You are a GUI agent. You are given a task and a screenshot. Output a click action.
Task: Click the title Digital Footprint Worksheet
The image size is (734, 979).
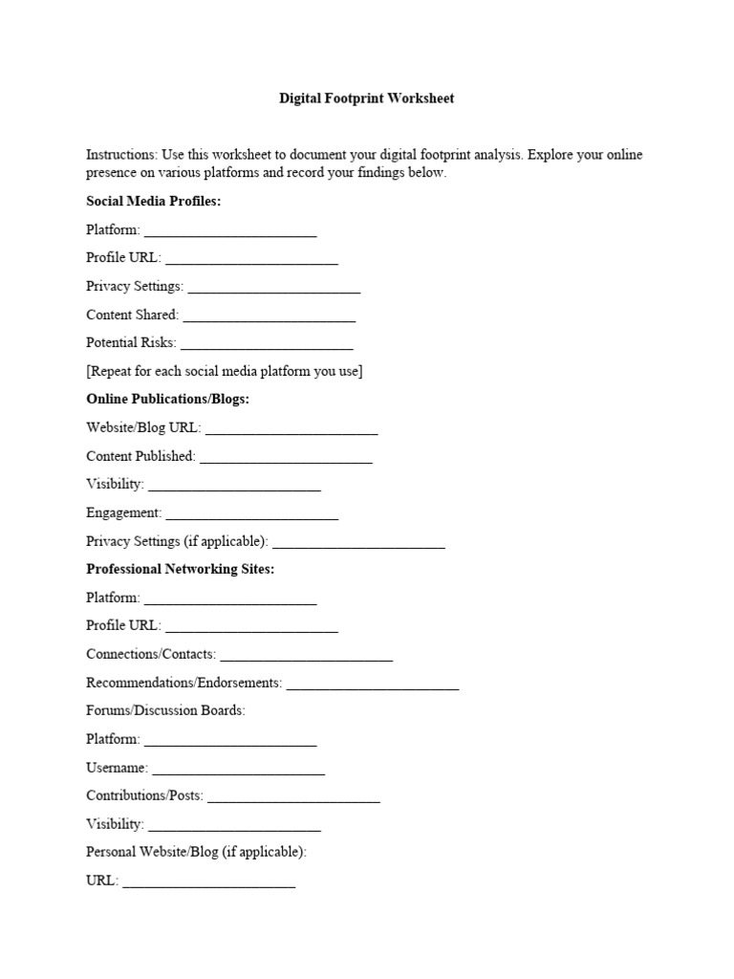(x=366, y=98)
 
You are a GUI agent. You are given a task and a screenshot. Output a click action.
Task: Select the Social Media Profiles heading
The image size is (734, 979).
(x=153, y=202)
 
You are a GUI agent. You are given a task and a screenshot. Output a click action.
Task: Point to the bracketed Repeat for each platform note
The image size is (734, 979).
(x=224, y=371)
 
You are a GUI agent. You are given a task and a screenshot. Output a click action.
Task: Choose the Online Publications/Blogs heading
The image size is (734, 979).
(x=167, y=399)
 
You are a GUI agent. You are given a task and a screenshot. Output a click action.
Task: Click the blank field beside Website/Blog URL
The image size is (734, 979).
(x=291, y=430)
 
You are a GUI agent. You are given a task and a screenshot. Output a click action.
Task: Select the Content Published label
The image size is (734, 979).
(x=140, y=456)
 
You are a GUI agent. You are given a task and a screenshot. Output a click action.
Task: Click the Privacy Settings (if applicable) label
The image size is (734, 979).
(x=177, y=541)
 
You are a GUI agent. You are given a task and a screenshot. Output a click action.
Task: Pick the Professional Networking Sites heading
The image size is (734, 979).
(x=180, y=569)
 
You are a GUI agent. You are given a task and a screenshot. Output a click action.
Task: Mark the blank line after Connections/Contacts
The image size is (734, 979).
(x=306, y=657)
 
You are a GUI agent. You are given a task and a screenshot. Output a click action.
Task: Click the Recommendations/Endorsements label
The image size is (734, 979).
(x=183, y=683)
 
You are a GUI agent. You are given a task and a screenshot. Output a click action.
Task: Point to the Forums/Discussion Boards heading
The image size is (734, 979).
(x=165, y=710)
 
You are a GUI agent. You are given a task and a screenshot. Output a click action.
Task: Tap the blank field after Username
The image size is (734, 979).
(x=238, y=770)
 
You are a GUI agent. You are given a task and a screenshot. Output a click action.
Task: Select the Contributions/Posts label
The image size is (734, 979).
(x=144, y=795)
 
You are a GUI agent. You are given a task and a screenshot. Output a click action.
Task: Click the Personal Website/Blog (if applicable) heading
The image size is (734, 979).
(x=196, y=851)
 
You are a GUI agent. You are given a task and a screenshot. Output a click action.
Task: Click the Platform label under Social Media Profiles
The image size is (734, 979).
(x=113, y=229)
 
